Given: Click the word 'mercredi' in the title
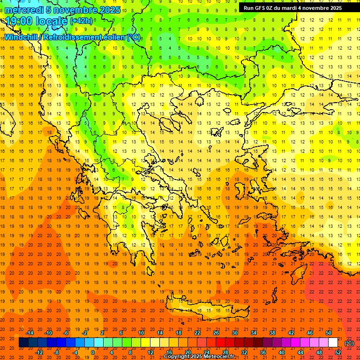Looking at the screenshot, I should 24,10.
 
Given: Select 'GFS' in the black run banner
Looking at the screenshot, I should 261,8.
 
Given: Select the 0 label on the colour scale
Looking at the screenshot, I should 92,352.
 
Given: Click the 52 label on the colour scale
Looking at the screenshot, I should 338,352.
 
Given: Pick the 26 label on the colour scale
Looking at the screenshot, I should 217,333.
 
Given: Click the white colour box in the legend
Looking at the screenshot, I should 333,343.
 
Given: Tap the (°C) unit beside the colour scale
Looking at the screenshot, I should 349,343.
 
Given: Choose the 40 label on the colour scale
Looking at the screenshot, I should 282,352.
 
